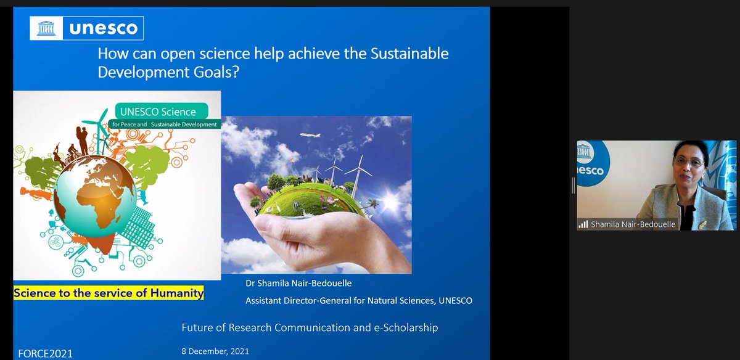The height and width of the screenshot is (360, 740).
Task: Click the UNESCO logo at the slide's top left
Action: [87, 28]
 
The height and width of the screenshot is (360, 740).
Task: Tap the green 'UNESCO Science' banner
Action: [162, 112]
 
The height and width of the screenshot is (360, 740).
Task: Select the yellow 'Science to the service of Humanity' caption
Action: [109, 293]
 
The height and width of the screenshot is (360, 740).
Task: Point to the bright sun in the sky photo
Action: [390, 202]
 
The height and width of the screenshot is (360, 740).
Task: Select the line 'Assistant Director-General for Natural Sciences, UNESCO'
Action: [359, 301]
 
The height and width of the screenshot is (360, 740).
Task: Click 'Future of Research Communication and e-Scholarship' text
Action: [310, 328]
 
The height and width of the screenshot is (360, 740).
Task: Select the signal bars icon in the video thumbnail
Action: [583, 225]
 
